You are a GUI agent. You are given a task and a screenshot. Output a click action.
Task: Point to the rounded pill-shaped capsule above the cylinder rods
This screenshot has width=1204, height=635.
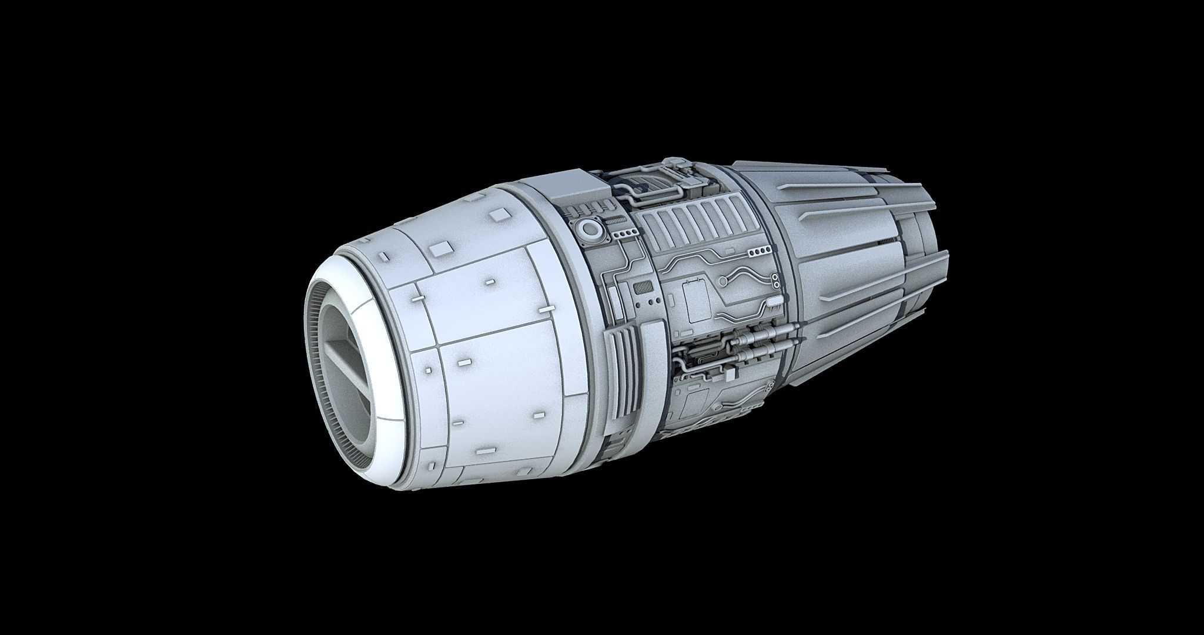[x=774, y=304]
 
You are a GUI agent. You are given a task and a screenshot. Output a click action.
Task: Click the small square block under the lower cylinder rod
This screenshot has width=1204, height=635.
[x=731, y=375]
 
